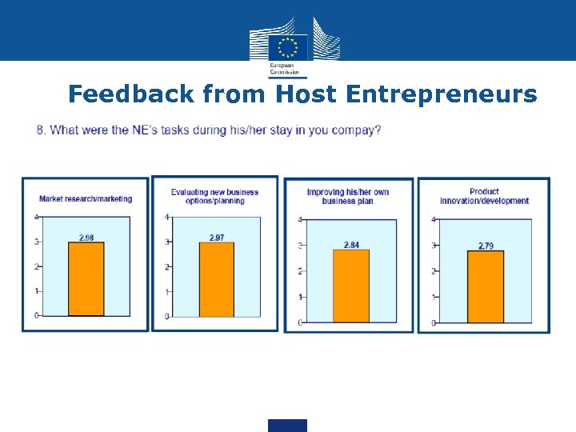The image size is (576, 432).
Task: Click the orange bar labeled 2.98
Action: coord(86,279)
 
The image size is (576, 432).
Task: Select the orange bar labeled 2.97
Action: coord(216,279)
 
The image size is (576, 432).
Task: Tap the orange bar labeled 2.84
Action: coord(350,286)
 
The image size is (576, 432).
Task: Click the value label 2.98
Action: coord(86,238)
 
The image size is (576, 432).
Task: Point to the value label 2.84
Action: coord(351,245)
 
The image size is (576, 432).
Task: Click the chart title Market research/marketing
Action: coord(86,198)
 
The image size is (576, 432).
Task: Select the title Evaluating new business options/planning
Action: coord(214,196)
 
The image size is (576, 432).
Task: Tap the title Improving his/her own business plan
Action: coord(349,196)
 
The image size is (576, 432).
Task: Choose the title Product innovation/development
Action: coord(484,196)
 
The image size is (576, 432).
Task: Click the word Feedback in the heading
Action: coord(131,94)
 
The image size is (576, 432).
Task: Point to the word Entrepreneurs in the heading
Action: coord(442,94)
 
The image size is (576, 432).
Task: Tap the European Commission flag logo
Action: coord(288,45)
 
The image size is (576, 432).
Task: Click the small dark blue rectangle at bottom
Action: coord(287,425)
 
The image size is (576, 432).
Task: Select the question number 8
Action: coord(40,130)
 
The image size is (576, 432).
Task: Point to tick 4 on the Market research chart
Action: coord(35,217)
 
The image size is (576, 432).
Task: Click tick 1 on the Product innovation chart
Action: coord(433,297)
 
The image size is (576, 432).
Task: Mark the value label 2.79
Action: coord(486,246)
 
